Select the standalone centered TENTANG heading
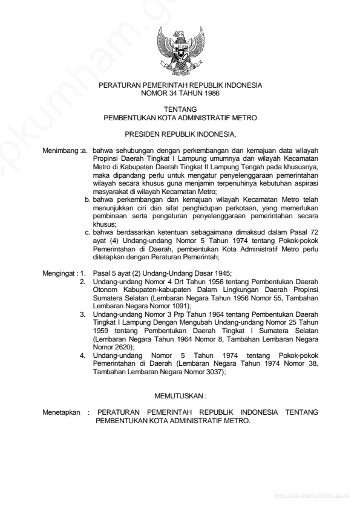click(x=180, y=110)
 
